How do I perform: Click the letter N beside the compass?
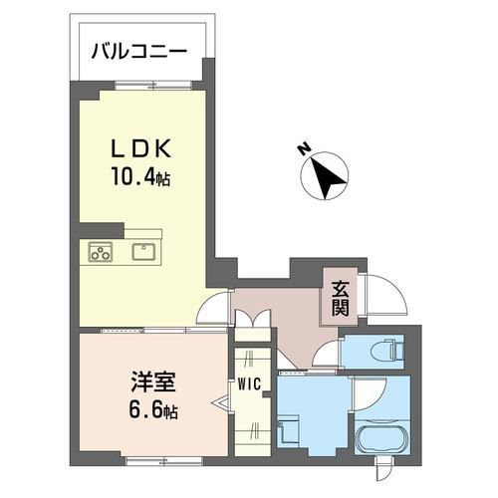[302, 151]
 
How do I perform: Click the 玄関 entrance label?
[340, 297]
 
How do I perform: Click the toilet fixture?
[384, 350]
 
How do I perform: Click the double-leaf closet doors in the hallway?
[251, 321]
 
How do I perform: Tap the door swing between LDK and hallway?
[213, 311]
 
